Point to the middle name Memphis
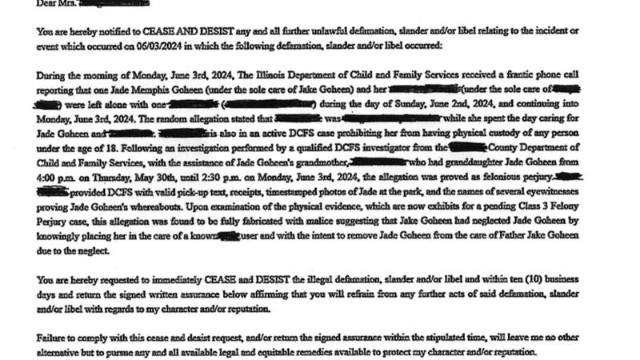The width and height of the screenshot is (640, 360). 125,90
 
